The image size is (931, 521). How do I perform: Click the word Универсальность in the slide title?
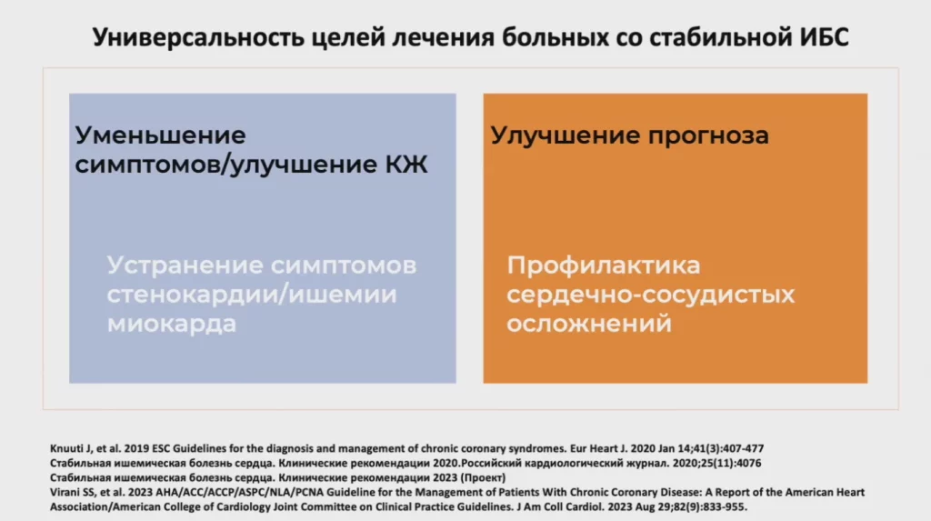click(198, 38)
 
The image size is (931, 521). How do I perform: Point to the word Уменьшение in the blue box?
click(160, 135)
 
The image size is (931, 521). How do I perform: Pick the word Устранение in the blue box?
click(184, 266)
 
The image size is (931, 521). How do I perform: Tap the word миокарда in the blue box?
click(172, 324)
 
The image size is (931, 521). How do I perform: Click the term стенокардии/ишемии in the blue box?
click(252, 295)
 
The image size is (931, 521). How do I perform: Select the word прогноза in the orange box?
click(708, 136)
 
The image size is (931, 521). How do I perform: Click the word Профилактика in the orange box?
click(604, 266)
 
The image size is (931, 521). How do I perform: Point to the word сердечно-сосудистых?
click(650, 295)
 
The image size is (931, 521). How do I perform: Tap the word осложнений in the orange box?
click(589, 324)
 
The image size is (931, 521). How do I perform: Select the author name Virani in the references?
click(64, 493)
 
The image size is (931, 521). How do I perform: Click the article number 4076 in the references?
click(749, 464)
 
